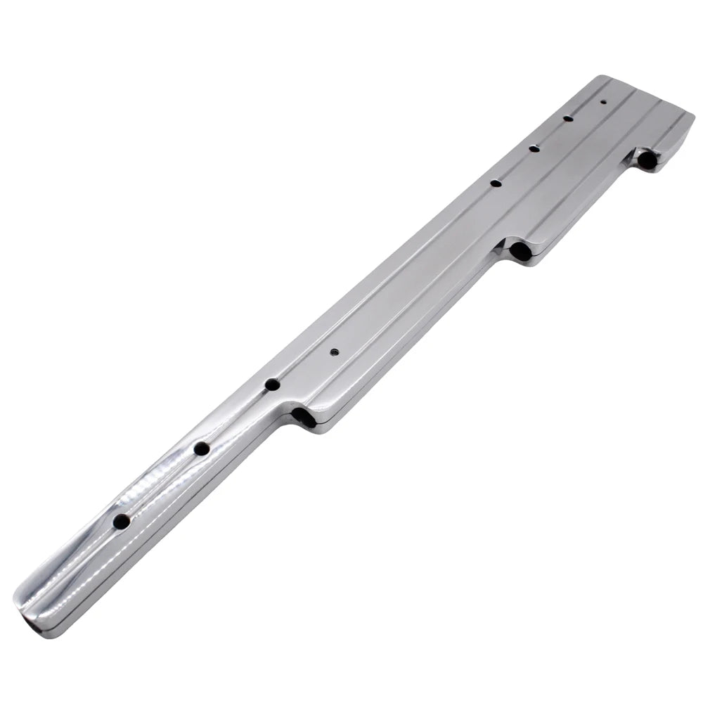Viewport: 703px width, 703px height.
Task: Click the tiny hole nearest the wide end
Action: click(x=603, y=102)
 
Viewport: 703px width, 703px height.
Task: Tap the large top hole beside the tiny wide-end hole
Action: click(x=567, y=118)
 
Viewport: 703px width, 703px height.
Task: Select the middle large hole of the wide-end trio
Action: click(x=534, y=148)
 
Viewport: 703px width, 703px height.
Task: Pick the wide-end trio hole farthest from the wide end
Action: click(x=496, y=183)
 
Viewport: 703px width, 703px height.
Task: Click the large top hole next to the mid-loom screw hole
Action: click(x=272, y=385)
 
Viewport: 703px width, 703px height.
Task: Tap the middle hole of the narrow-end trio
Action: click(x=202, y=449)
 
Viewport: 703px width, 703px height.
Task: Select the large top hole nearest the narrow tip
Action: click(x=121, y=522)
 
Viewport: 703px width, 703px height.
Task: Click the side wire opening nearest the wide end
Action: click(x=647, y=160)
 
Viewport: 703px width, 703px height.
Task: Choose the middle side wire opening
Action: click(x=520, y=250)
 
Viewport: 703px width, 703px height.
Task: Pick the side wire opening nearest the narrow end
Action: click(x=304, y=418)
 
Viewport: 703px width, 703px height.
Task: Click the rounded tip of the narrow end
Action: click(x=18, y=605)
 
